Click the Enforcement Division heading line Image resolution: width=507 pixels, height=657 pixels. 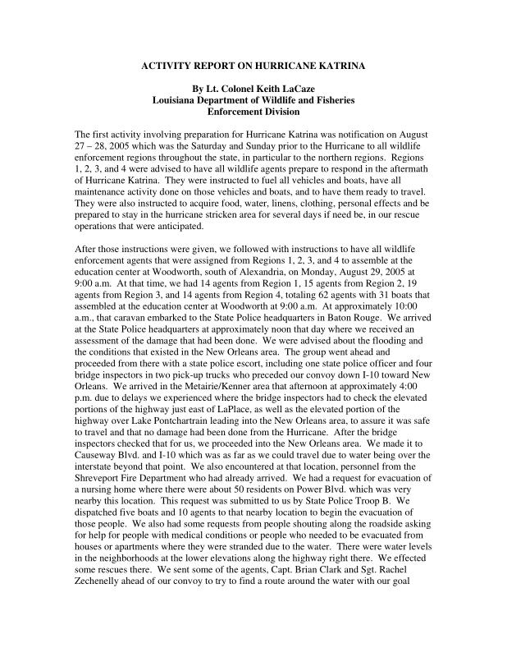pos(253,112)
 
